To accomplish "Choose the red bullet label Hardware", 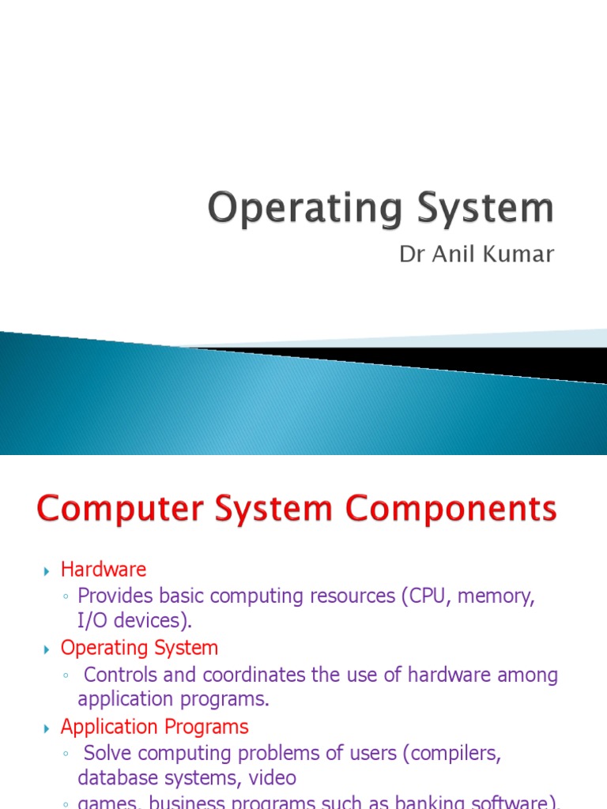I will point(104,569).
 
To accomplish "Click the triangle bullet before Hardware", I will point(46,570).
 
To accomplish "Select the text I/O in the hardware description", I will point(92,620).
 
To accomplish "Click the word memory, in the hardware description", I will point(500,596).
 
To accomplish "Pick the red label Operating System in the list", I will point(139,648).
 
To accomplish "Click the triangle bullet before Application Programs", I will point(46,728).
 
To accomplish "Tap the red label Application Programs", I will point(154,727).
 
